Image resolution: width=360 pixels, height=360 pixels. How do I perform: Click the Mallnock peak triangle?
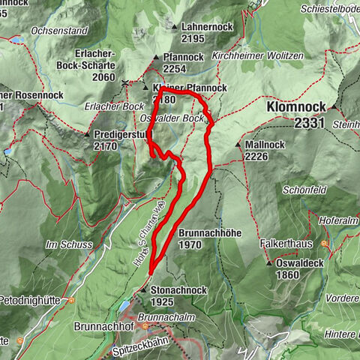[x=238, y=145]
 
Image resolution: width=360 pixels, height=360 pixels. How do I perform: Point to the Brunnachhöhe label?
[x=210, y=233]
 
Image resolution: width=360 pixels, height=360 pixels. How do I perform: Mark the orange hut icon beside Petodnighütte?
[x=70, y=300]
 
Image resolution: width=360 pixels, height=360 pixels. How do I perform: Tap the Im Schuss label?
[x=61, y=244]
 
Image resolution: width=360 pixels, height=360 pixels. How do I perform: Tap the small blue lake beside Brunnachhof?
[x=124, y=307]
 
